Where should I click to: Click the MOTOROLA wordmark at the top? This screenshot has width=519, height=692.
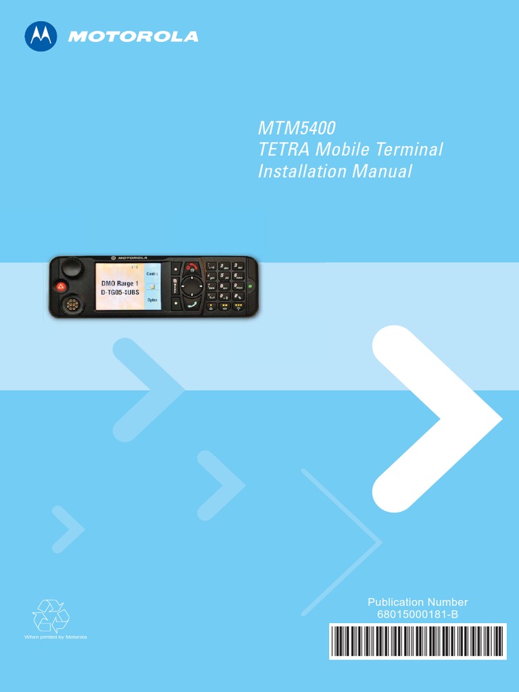click(x=133, y=36)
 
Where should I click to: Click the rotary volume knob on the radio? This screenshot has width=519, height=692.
click(x=70, y=269)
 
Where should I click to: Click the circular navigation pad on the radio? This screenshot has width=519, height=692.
click(x=193, y=286)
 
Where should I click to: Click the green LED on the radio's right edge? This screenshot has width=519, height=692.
click(x=251, y=287)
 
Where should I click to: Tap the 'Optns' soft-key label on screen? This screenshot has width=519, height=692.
click(x=153, y=299)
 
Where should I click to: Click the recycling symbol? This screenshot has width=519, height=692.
click(x=51, y=616)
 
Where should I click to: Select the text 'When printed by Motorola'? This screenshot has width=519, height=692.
click(x=55, y=637)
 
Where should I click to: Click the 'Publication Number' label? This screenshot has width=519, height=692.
click(x=417, y=602)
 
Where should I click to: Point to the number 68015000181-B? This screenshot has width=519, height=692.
click(x=417, y=614)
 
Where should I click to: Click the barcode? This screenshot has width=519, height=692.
click(x=417, y=641)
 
